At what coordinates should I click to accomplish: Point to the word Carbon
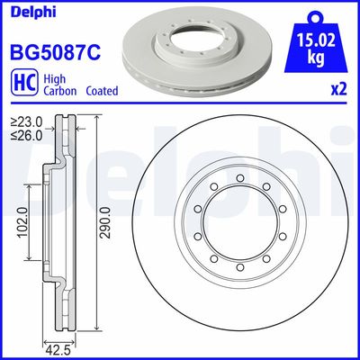54,91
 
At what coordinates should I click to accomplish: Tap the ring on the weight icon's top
317,15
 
